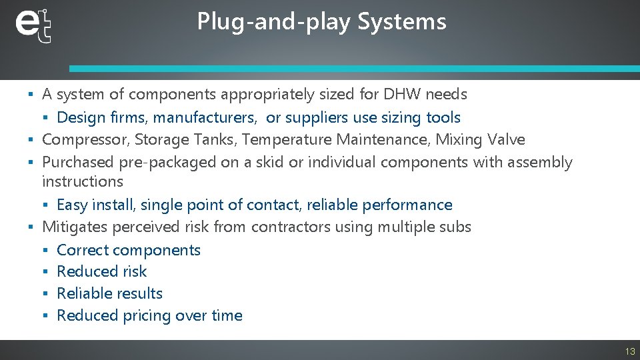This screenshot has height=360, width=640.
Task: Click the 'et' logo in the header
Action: pyautogui.click(x=33, y=25)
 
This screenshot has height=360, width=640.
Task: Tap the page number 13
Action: pyautogui.click(x=629, y=351)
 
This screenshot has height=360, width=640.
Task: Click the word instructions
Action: pyautogui.click(x=83, y=181)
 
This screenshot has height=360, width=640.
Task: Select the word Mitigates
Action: pyautogui.click(x=75, y=227)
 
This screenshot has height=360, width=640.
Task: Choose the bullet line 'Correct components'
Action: pyautogui.click(x=129, y=251)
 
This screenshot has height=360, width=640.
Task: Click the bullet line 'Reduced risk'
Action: pyautogui.click(x=101, y=271)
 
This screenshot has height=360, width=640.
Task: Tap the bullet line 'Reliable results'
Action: pyautogui.click(x=109, y=293)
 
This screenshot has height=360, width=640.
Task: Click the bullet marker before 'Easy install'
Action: pyautogui.click(x=46, y=205)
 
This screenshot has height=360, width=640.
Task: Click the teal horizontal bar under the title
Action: pyautogui.click(x=353, y=69)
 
